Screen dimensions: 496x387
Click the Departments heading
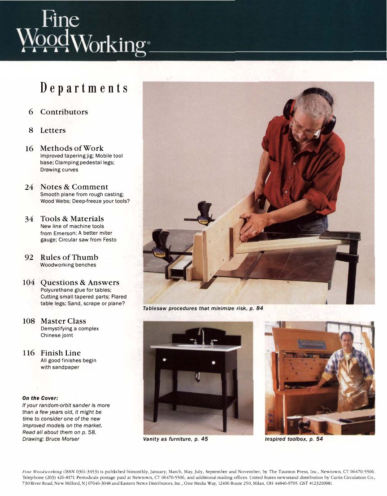(84, 88)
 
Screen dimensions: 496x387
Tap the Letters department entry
(53, 130)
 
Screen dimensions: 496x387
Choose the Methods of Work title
(72, 148)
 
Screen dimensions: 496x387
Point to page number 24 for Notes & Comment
(29, 187)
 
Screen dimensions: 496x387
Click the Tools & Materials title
(72, 219)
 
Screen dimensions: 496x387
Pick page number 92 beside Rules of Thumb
(29, 257)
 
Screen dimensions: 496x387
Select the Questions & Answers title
(80, 282)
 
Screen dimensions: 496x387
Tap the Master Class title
(63, 321)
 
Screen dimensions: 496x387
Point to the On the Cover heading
(40, 398)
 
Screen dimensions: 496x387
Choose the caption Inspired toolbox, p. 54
(294, 439)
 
